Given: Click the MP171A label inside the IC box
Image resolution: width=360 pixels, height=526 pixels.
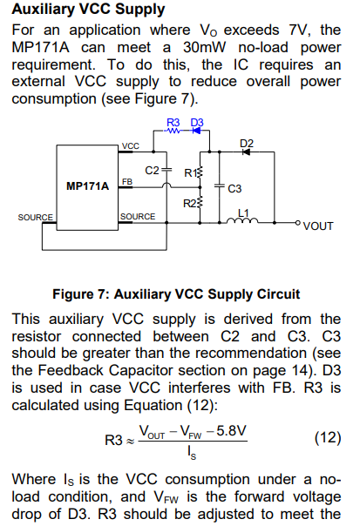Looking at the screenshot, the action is (x=88, y=185).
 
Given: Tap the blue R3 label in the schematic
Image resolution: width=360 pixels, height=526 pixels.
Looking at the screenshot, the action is (x=173, y=123).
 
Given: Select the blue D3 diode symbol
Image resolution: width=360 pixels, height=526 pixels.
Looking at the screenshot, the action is (x=196, y=131).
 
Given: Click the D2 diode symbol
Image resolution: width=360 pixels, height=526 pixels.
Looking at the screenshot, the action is (x=246, y=152).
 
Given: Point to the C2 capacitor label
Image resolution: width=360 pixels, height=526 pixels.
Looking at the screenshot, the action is (x=152, y=171).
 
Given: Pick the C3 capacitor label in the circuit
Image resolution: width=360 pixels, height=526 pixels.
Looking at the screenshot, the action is (x=234, y=188).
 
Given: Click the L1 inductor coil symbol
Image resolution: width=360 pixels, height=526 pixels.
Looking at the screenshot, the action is (x=242, y=220).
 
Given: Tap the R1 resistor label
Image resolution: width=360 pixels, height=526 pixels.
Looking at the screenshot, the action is (x=190, y=173).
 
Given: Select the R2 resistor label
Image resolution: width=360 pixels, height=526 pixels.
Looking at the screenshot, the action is (x=190, y=203).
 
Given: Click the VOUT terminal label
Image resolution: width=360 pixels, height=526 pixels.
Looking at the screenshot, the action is (x=318, y=226).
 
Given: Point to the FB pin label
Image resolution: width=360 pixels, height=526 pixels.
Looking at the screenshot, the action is (x=127, y=182).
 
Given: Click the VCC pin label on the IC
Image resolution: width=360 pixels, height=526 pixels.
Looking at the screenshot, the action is (x=130, y=146).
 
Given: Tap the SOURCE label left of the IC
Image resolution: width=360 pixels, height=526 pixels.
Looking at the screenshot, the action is (x=35, y=218).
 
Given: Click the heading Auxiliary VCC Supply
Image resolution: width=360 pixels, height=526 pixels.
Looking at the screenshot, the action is (x=88, y=9).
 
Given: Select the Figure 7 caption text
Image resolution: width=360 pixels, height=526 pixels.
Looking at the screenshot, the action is (x=176, y=294).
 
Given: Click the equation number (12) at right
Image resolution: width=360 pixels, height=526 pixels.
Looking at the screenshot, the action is (x=328, y=438).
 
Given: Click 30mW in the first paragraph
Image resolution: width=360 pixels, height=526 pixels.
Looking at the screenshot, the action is (x=205, y=47).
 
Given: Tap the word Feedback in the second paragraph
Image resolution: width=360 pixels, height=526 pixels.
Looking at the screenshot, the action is (x=71, y=370).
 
